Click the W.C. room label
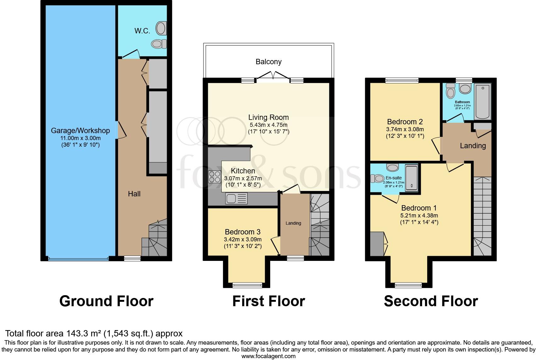[142, 31]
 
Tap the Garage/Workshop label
[80, 131]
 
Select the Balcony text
[268, 62]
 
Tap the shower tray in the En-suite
[411, 177]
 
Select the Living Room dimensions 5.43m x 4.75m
[268, 125]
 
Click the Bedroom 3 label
[243, 232]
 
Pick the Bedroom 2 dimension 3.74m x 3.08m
[405, 129]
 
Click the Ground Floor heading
[106, 301]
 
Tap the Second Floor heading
[431, 301]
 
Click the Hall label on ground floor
[134, 194]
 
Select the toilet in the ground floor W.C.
[159, 44]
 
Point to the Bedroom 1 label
[419, 208]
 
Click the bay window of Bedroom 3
[247, 285]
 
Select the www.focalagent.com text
[268, 356]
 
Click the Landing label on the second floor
[472, 146]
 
